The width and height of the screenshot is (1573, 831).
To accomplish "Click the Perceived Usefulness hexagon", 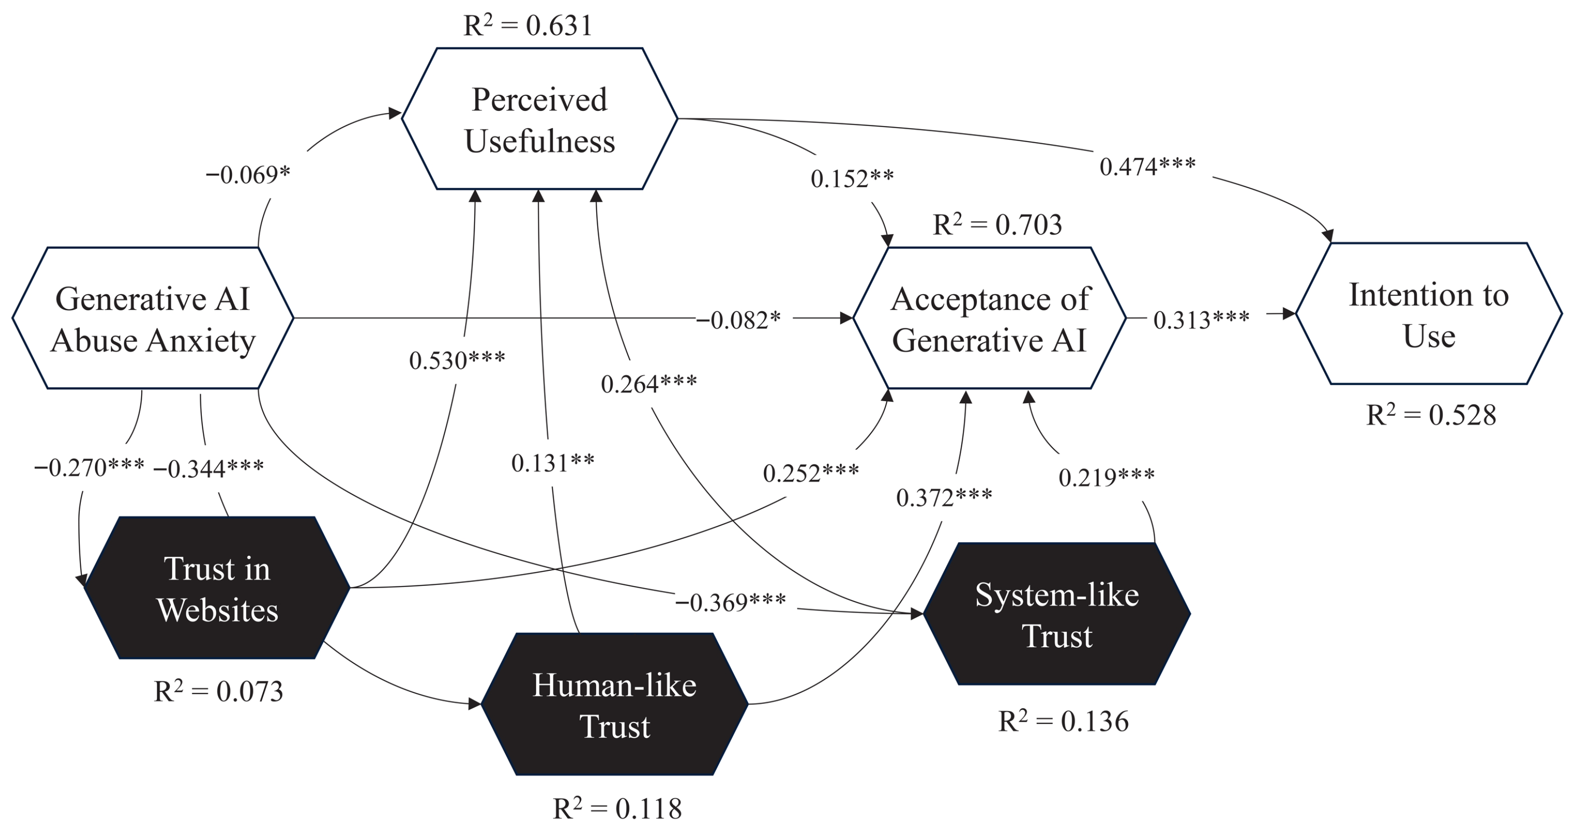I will point(539,119).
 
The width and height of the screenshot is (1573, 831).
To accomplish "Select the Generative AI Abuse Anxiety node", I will point(153,318).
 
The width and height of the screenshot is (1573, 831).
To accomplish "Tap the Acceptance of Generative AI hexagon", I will point(989,318).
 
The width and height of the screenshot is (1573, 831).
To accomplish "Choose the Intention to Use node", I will point(1429,314).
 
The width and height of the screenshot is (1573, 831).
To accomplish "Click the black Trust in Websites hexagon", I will point(217,588).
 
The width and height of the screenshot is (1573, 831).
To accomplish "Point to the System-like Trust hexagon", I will point(1056,614).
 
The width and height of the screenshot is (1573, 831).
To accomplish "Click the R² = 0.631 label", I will point(527,26).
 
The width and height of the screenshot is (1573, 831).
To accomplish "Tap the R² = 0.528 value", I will point(1431,415).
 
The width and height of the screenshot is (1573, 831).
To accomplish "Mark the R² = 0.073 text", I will point(218,692).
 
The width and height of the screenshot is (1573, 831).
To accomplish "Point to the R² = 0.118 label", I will point(617,808).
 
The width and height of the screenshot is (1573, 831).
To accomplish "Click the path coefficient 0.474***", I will point(1148,166).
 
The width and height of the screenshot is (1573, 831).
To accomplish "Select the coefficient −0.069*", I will point(248,175).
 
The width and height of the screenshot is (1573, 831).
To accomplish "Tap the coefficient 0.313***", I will point(1201,319).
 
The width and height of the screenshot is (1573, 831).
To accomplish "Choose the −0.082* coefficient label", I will point(738,319).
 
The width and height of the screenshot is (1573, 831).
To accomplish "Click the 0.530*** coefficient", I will point(457,360).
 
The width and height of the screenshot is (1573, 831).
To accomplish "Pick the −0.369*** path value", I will point(730,603).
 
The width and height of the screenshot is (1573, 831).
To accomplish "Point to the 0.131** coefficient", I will point(552,463).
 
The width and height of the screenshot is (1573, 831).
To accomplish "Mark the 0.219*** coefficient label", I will point(1106,477).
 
